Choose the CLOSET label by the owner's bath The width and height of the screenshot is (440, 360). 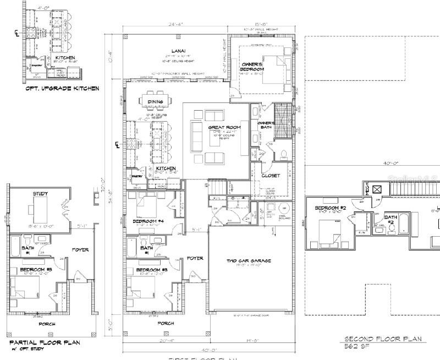pyautogui.click(x=271, y=176)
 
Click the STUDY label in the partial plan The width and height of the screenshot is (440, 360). pyautogui.click(x=40, y=193)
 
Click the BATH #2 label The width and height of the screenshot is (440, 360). pyautogui.click(x=391, y=219)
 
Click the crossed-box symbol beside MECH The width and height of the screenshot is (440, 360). pyautogui.click(x=377, y=189)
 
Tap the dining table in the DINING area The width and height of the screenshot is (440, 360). pyautogui.click(x=155, y=101)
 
